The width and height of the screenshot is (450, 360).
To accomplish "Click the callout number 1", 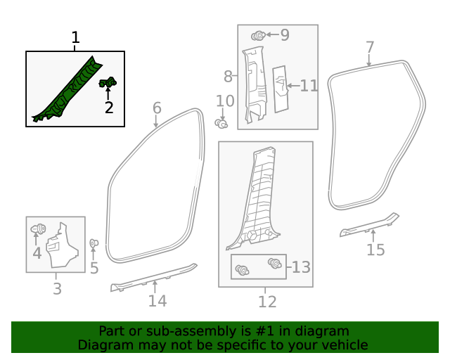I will pyautogui.click(x=76, y=38).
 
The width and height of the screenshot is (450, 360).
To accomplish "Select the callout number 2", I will pyautogui.click(x=109, y=108).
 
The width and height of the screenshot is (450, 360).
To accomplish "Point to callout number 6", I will pyautogui.click(x=157, y=108).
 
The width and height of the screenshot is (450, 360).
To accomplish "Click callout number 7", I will pyautogui.click(x=371, y=48).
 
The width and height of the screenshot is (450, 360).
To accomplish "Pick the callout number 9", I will pyautogui.click(x=285, y=34).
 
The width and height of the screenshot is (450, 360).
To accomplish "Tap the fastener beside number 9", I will pyautogui.click(x=258, y=34).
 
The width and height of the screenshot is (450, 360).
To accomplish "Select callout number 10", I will pyautogui.click(x=224, y=102).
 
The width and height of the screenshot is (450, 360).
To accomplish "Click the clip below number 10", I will pyautogui.click(x=222, y=124).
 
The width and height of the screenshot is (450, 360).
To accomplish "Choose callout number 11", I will pyautogui.click(x=309, y=86).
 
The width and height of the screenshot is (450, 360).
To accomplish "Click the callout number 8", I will pyautogui.click(x=228, y=76).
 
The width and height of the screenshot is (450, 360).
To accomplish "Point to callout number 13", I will pyautogui.click(x=302, y=267).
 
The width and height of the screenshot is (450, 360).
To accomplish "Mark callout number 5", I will pyautogui.click(x=94, y=269).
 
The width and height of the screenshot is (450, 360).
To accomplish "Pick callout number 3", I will pyautogui.click(x=56, y=288).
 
